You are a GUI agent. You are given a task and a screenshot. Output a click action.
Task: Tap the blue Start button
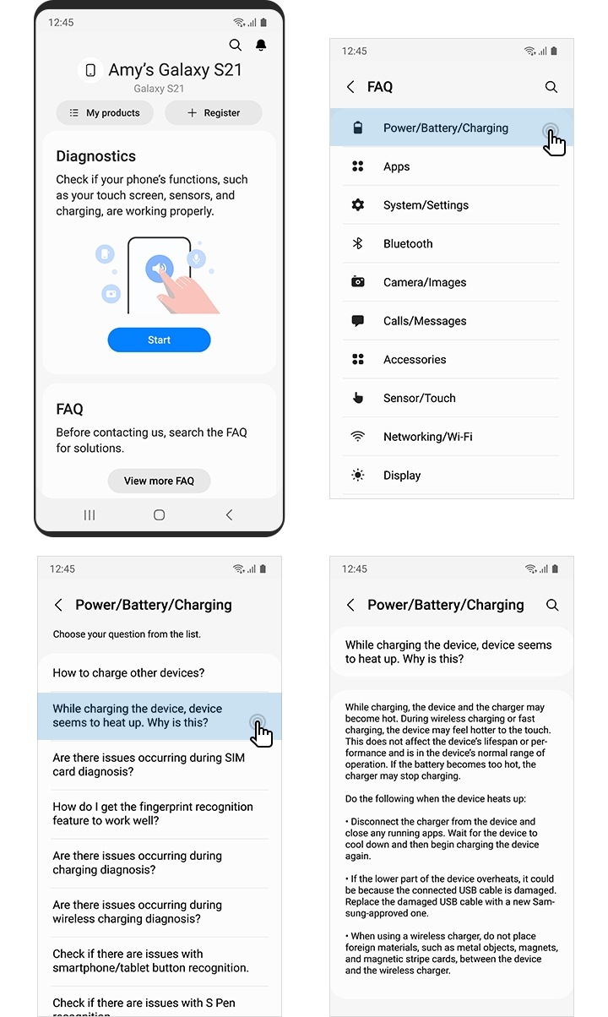tap(159, 340)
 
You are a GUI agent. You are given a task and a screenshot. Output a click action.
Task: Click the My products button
tap(105, 112)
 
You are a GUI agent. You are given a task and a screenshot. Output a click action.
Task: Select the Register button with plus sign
tap(213, 112)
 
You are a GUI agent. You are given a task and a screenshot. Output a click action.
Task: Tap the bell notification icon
tap(261, 45)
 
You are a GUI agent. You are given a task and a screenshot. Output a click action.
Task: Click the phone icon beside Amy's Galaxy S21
tap(90, 70)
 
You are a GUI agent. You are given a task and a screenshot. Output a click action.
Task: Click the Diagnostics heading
tap(95, 156)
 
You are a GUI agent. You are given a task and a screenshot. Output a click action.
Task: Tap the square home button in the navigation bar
tap(159, 514)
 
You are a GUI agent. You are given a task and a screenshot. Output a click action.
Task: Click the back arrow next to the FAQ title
tap(350, 87)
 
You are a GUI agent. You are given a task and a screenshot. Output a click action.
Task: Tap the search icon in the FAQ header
tap(551, 87)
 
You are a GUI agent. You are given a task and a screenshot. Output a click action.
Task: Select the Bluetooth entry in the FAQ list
tap(408, 243)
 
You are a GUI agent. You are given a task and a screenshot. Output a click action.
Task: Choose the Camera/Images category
tap(425, 282)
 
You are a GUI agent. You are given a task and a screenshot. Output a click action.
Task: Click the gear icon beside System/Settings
tap(358, 205)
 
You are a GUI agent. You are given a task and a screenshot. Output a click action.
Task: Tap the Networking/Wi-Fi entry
tap(427, 437)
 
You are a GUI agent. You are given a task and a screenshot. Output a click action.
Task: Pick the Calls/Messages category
tap(425, 321)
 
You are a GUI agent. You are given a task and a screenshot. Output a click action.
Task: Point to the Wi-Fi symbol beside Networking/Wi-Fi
tap(358, 437)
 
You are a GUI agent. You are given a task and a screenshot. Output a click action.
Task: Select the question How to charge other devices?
tap(128, 672)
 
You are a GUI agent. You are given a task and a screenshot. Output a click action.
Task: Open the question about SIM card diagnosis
tap(149, 764)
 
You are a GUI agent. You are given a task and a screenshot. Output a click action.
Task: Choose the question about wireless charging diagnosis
tap(137, 911)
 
